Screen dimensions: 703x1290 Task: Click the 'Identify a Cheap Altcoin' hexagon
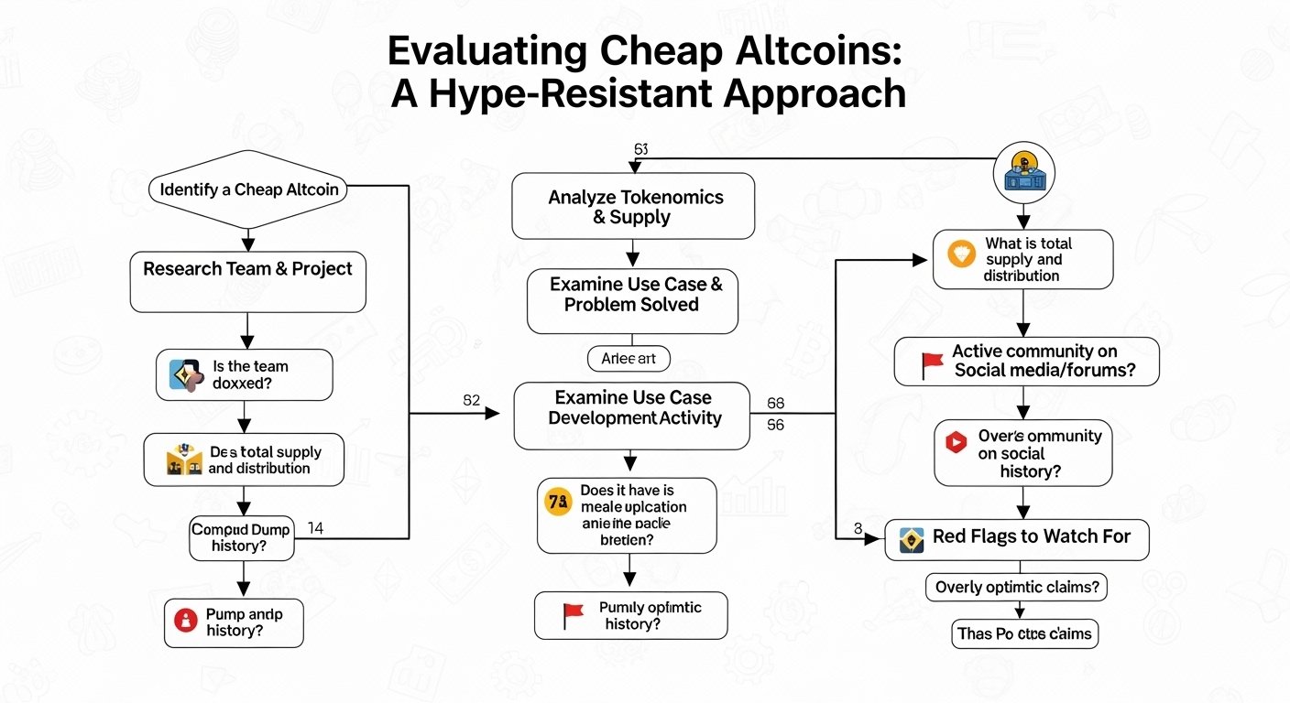click(248, 190)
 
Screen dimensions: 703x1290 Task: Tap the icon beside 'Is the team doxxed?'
click(184, 374)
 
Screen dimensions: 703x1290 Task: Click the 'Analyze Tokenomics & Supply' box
click(632, 207)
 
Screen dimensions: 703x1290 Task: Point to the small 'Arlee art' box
click(628, 360)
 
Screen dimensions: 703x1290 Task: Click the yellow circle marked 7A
click(557, 502)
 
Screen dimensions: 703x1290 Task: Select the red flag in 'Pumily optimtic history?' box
click(573, 614)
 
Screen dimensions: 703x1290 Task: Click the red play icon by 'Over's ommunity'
click(956, 442)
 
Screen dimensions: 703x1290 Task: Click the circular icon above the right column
click(1024, 171)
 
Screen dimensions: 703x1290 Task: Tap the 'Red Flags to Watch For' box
click(1016, 537)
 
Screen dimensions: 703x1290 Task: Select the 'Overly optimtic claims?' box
click(1017, 588)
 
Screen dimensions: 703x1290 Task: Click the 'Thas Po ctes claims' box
click(1024, 633)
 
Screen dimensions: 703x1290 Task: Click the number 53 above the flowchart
click(640, 148)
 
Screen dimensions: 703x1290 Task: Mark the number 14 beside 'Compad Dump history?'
click(316, 527)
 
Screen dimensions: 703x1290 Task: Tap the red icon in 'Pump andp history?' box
click(184, 622)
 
